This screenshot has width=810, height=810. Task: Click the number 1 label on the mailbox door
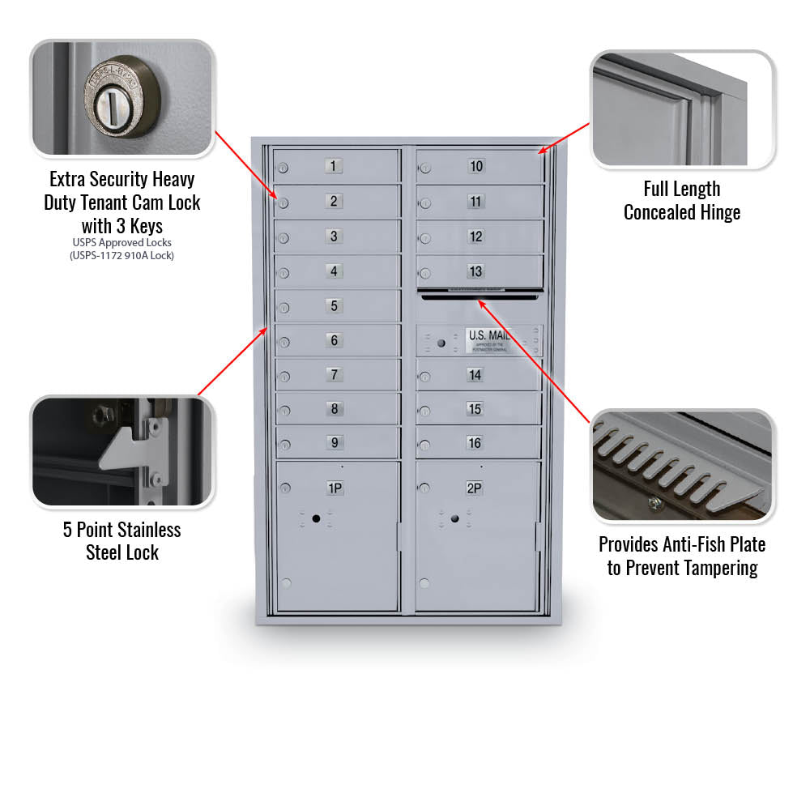click(334, 166)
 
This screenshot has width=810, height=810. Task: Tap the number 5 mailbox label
click(334, 306)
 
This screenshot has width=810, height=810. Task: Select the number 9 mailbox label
click(334, 442)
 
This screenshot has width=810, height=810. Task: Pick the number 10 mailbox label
click(475, 166)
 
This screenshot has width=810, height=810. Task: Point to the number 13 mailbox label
click(475, 271)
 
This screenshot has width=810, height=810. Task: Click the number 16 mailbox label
click(475, 443)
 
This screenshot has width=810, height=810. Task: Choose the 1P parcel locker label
click(335, 488)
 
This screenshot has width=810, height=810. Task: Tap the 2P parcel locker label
click(474, 488)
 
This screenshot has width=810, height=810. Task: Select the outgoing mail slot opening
click(479, 296)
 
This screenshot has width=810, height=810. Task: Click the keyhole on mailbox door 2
click(284, 202)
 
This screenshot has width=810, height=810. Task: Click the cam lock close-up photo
click(122, 98)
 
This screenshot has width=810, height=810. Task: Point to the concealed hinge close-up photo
click(682, 109)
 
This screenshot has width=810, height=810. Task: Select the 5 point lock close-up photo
click(122, 452)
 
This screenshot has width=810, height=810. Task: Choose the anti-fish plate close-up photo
click(682, 466)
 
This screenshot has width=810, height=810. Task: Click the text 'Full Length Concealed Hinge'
click(682, 200)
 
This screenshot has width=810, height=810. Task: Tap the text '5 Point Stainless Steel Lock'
click(122, 541)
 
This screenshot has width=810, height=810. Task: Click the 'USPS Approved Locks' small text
click(122, 242)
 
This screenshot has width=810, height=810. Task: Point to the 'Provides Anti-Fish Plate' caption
click(682, 544)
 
